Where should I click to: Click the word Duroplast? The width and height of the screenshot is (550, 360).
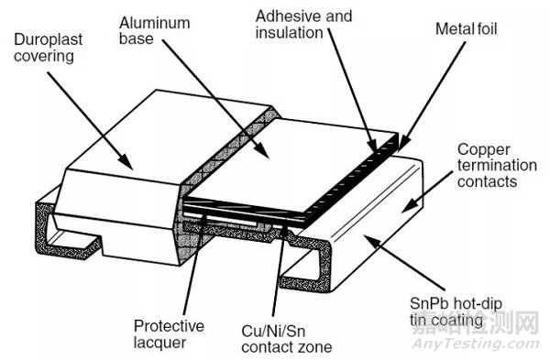point(48,39)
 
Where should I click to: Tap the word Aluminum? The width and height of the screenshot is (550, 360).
point(155,23)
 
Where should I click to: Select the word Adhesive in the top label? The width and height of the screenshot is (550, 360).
point(283,16)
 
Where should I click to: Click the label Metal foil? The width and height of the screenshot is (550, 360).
point(467,28)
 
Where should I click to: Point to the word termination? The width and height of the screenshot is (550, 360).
point(497,165)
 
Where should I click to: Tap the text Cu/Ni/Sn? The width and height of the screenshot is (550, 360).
point(273,331)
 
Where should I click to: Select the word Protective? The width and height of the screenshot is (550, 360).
point(169,326)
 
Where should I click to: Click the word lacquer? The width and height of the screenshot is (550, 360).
point(159,343)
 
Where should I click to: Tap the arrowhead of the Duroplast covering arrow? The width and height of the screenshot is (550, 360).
point(126,163)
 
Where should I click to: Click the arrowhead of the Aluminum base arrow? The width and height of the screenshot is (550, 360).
point(262,151)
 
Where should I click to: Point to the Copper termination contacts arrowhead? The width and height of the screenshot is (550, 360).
point(409,207)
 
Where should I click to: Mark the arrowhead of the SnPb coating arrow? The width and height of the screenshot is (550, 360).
point(371,241)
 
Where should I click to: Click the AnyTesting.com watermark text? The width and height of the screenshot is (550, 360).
point(475,344)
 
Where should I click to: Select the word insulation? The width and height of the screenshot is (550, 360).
point(289,33)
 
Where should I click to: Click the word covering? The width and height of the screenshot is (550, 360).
point(44,57)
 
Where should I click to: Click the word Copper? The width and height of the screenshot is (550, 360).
point(484,149)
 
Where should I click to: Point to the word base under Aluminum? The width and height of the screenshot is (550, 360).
point(136,38)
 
